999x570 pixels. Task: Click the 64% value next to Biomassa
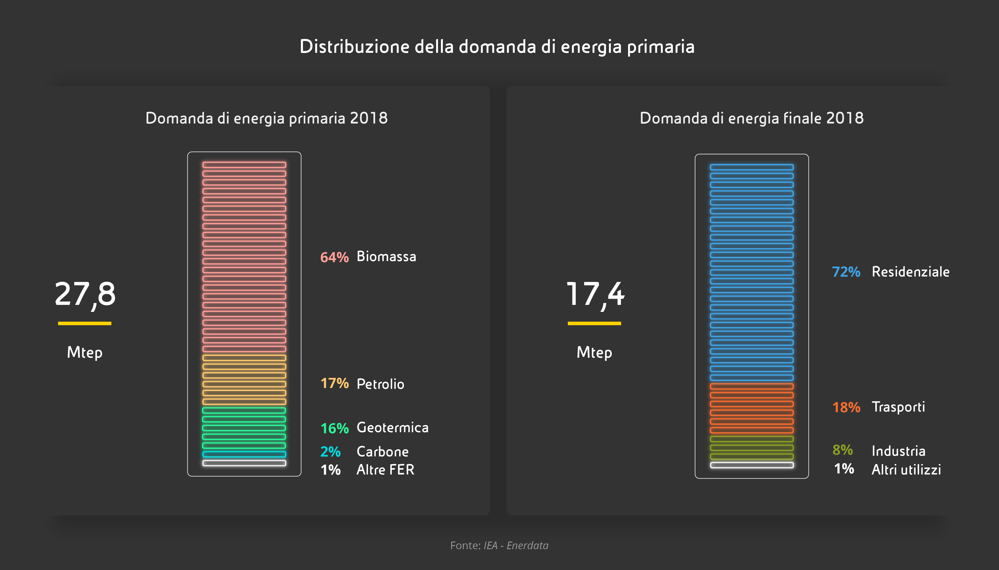[x=334, y=257]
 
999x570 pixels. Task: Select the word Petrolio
[x=380, y=384]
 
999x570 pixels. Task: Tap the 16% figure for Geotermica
[x=334, y=428]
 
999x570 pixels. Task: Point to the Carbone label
[x=382, y=452]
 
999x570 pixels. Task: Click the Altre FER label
[x=385, y=470]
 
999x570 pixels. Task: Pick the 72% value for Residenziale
[x=846, y=272]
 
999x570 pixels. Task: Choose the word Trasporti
[x=898, y=407]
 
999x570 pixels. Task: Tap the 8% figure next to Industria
[x=843, y=450]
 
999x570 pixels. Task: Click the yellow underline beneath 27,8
[x=85, y=323]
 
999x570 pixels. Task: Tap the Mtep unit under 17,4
[x=594, y=352]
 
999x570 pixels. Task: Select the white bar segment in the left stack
[x=244, y=463]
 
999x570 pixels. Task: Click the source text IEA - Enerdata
[x=516, y=545]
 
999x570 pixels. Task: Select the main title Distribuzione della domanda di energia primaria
[x=497, y=47]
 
